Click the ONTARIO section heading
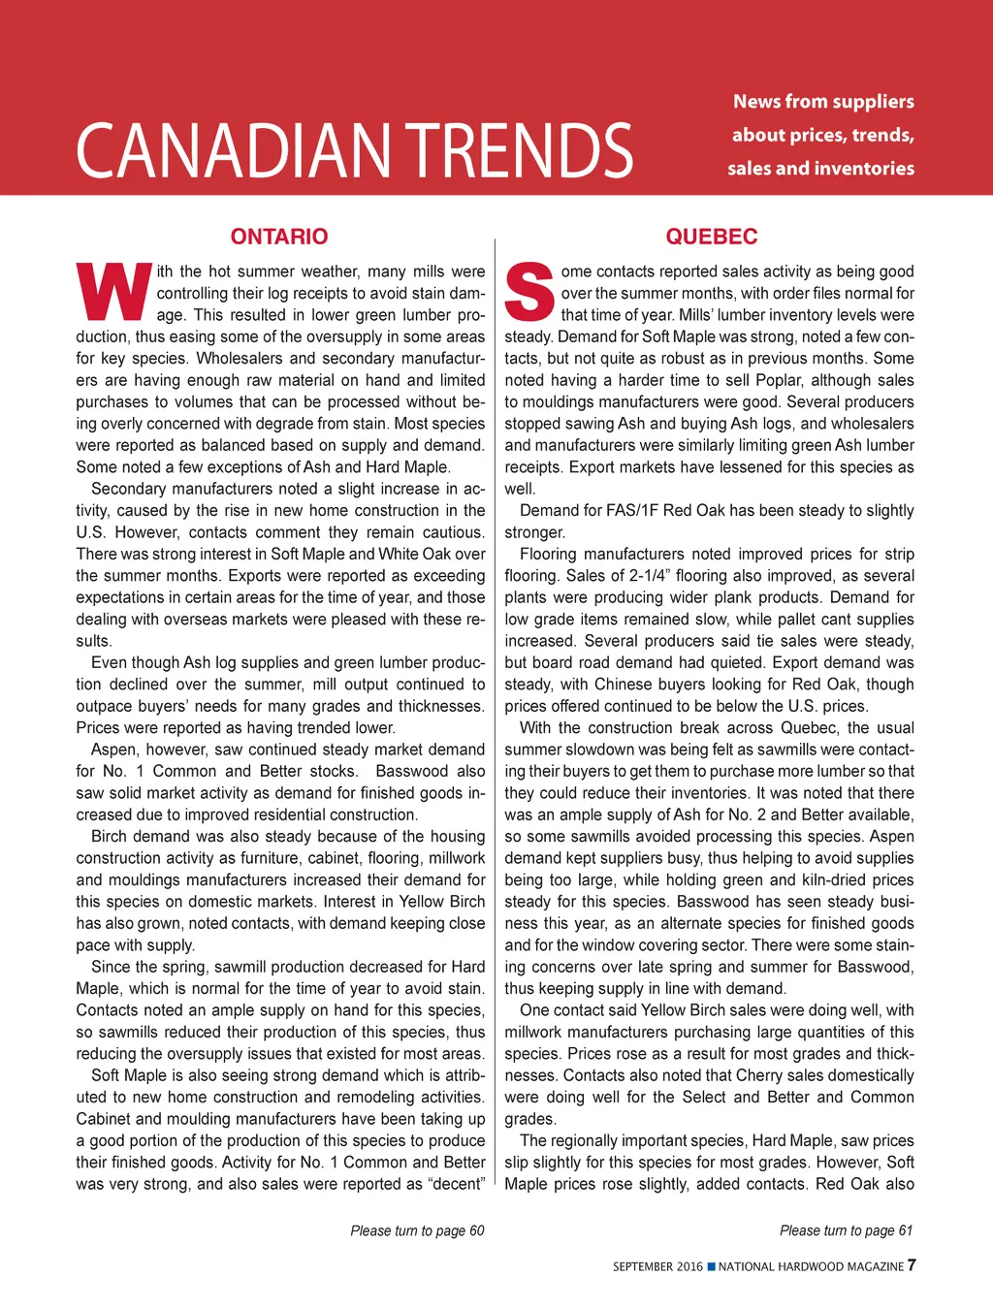pyautogui.click(x=279, y=237)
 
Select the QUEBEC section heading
pyautogui.click(x=711, y=237)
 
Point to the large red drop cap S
pyautogui.click(x=529, y=291)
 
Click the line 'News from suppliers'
pyautogui.click(x=823, y=102)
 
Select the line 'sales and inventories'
pyautogui.click(x=820, y=169)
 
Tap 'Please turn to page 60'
pyautogui.click(x=417, y=1230)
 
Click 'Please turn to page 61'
pyautogui.click(x=846, y=1230)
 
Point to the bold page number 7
pyautogui.click(x=912, y=1265)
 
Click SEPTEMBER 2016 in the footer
pyautogui.click(x=657, y=1266)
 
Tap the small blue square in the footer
pyautogui.click(x=711, y=1266)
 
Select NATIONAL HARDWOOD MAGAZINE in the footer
pyautogui.click(x=811, y=1266)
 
